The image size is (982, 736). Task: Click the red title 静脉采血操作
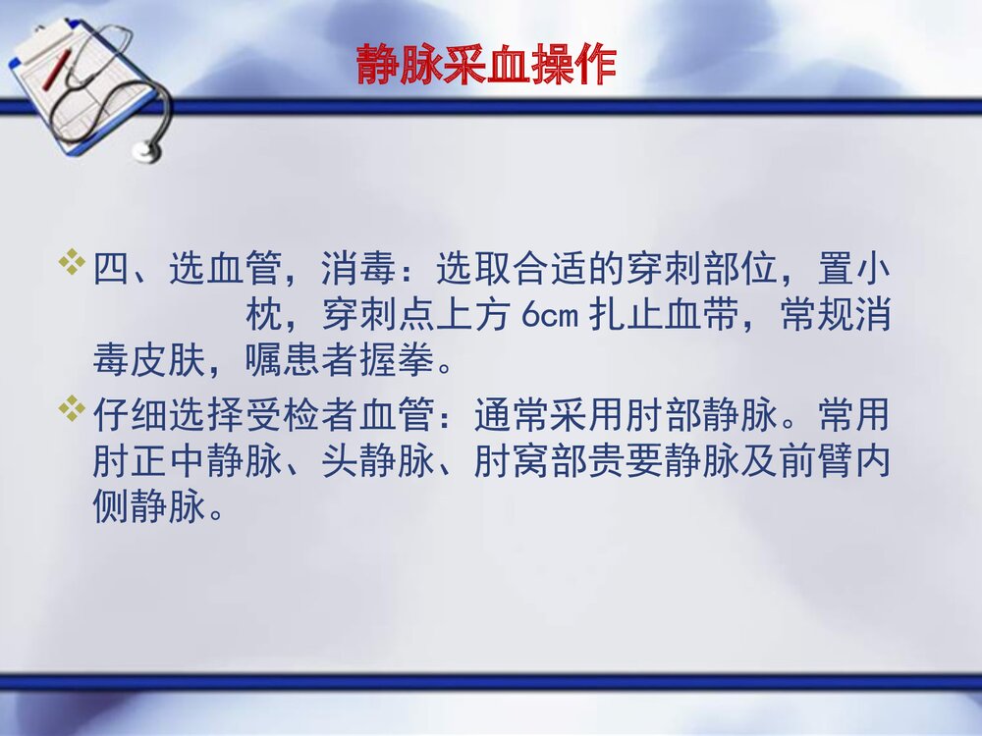pyautogui.click(x=486, y=66)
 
